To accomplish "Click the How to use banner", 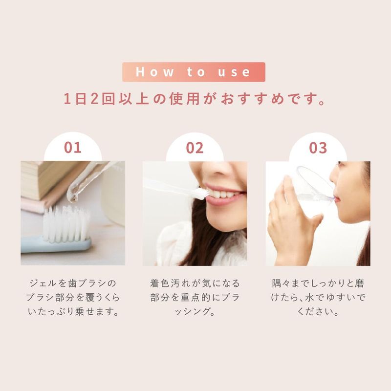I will click(x=194, y=72).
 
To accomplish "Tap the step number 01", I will click(x=73, y=147).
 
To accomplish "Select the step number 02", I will click(x=195, y=147).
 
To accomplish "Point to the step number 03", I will click(x=317, y=147).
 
